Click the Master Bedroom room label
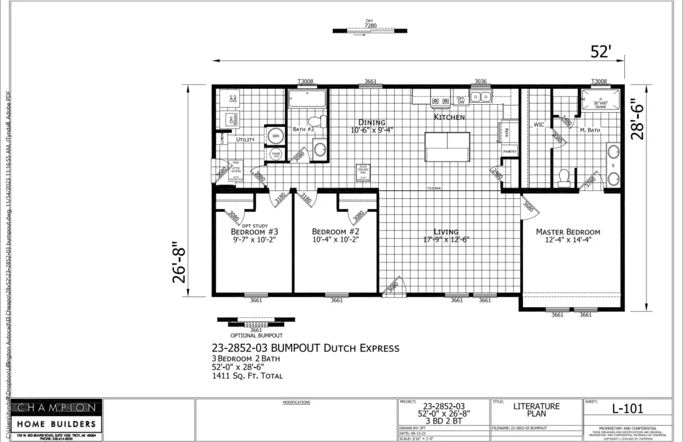coord(568,232)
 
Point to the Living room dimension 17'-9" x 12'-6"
coord(446,240)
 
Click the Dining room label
coord(372,122)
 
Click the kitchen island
coord(448,147)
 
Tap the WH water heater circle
coord(275,136)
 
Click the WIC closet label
coord(540,124)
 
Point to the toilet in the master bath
coord(564,177)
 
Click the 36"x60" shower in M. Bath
coord(604,103)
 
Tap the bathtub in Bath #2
coord(307,99)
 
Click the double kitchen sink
coord(480,97)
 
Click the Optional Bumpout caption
coord(256,335)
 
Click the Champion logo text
coord(56,407)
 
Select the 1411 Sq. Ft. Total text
coord(247,376)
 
